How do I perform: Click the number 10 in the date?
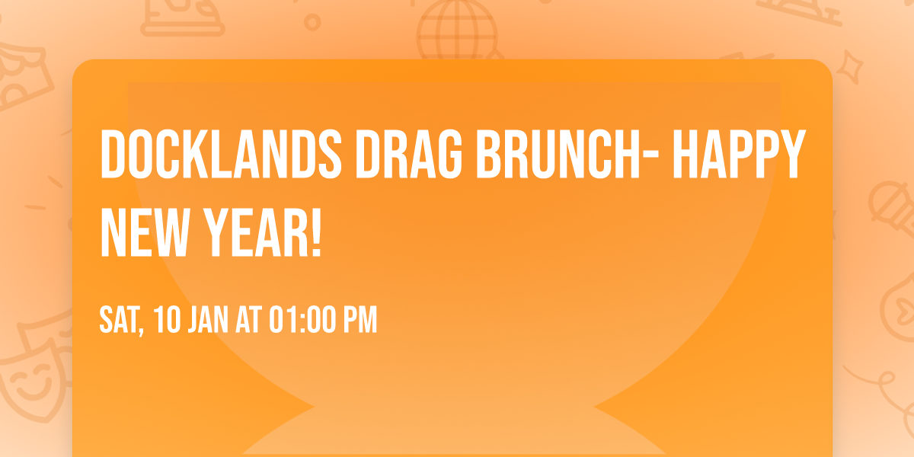[x=168, y=321]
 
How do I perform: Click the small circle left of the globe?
[x=312, y=22]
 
